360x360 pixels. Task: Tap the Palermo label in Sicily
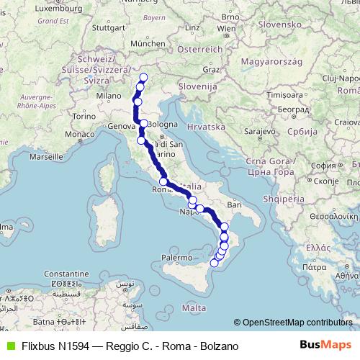[176, 257]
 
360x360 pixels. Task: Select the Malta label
[189, 307]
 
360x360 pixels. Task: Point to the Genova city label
[123, 126]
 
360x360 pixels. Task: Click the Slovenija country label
[199, 87]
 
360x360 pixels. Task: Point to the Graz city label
[210, 70]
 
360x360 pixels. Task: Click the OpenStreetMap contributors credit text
[297, 322]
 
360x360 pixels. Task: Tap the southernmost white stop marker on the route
[214, 264]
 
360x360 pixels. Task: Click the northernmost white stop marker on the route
[143, 78]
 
